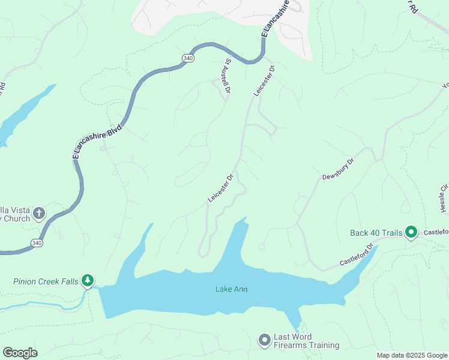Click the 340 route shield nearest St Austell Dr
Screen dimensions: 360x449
pyautogui.click(x=188, y=58)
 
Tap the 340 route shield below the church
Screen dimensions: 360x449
pyautogui.click(x=37, y=242)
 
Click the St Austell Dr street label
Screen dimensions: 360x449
pyautogui.click(x=227, y=76)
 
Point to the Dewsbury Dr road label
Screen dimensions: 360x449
pyautogui.click(x=338, y=169)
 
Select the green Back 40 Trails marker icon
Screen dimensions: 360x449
pyautogui.click(x=411, y=232)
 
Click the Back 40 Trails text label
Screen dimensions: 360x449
pyautogui.click(x=376, y=233)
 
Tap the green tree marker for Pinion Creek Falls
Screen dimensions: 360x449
pyautogui.click(x=88, y=280)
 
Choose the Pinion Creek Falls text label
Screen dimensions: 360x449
pyautogui.click(x=46, y=281)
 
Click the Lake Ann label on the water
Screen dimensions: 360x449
pyautogui.click(x=232, y=290)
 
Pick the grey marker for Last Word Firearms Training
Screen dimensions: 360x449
pyautogui.click(x=264, y=340)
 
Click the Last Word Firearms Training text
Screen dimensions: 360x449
pyautogui.click(x=306, y=341)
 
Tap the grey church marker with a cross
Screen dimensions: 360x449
pyautogui.click(x=39, y=213)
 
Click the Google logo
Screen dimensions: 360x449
pyautogui.click(x=20, y=353)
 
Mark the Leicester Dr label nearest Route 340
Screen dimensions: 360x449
pyautogui.click(x=264, y=81)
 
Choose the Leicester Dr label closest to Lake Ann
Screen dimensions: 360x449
pyautogui.click(x=220, y=188)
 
